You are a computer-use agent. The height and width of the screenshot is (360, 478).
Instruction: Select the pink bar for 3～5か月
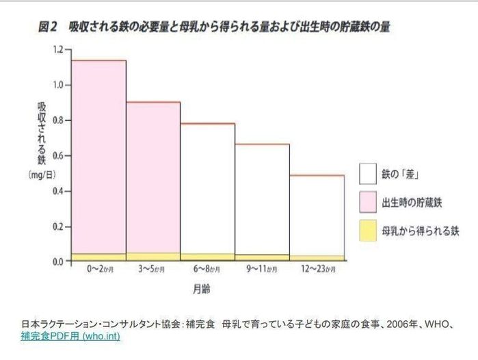(x=152, y=177)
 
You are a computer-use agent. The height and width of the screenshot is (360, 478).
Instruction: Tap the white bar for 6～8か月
(x=207, y=188)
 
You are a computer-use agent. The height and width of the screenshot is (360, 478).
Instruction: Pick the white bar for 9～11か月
(x=262, y=199)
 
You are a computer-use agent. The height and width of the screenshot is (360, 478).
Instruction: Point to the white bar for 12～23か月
(x=317, y=216)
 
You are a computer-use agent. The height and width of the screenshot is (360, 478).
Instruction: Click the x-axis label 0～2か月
(x=98, y=270)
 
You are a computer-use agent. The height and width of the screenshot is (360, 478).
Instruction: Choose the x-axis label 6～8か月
(x=207, y=270)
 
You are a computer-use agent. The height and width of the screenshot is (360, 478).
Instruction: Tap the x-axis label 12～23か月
(x=317, y=270)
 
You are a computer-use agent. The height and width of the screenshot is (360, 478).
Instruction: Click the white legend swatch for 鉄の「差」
(x=369, y=173)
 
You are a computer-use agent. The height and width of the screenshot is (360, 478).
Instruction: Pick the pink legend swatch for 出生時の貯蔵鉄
(x=369, y=202)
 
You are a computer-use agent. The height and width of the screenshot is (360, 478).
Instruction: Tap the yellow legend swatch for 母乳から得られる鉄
(x=369, y=231)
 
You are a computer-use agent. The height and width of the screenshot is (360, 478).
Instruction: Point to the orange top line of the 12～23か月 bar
(x=317, y=176)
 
